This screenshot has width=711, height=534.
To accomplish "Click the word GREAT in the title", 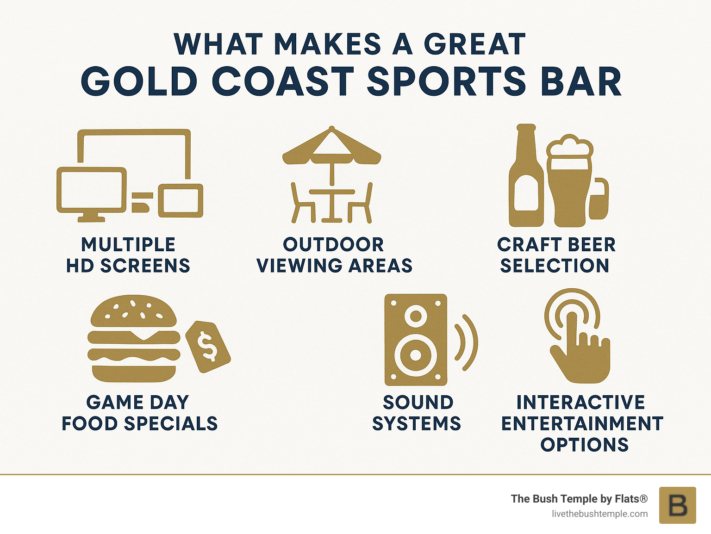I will point(474,44).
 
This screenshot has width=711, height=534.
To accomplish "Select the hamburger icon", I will point(134,338).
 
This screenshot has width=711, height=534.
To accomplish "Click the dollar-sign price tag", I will point(208,346).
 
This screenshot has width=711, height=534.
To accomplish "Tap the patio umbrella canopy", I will point(331,148).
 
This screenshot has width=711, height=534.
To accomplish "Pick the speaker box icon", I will point(416,339).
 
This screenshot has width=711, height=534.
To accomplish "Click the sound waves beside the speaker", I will point(467,342).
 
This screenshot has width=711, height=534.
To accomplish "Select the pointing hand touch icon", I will point(579,342).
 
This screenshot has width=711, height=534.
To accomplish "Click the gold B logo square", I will point(677,505).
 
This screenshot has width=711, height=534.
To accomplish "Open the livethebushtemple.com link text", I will point(599,514).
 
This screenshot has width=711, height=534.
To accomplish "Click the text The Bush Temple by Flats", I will point(579,498).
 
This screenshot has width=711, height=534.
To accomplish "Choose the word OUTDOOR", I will point(333,244).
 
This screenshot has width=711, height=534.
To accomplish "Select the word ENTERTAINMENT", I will point(582,423).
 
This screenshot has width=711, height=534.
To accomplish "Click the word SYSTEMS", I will point(417,423).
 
